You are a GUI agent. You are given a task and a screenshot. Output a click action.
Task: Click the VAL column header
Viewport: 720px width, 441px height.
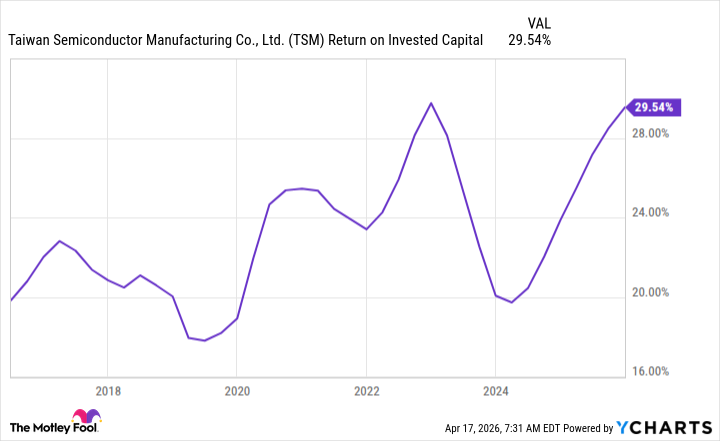point(538,22)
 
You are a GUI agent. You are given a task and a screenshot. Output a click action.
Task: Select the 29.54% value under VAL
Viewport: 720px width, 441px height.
point(528,41)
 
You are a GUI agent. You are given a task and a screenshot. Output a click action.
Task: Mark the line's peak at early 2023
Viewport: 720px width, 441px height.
point(431,103)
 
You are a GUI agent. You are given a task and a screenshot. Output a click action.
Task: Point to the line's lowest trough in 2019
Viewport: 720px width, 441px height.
point(205,340)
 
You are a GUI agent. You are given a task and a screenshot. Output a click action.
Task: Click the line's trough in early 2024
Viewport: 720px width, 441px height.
point(511,302)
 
